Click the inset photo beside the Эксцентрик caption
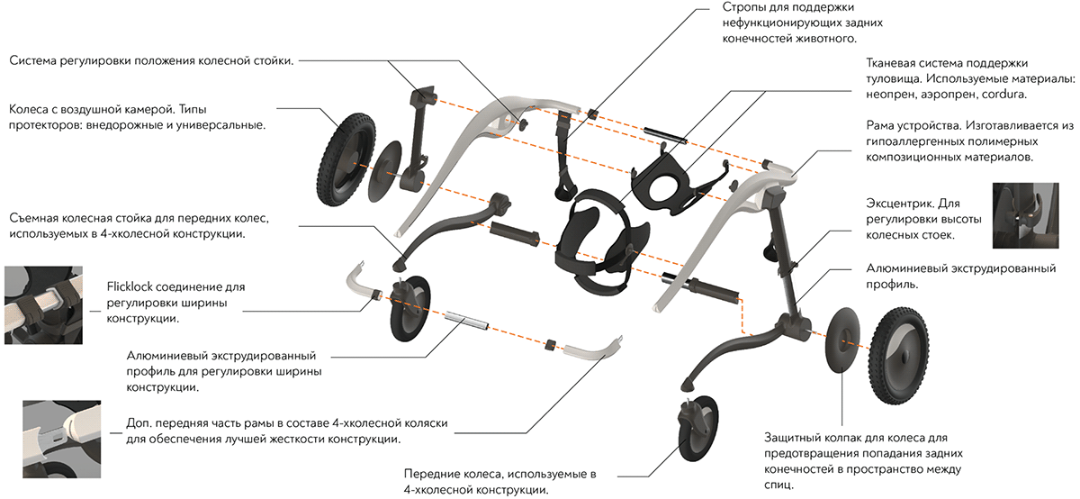[1021, 215]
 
